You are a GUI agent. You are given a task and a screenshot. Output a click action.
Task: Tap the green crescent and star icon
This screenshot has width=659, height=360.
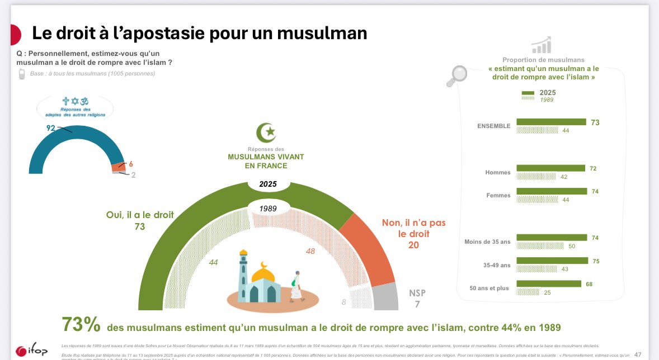point(266,132)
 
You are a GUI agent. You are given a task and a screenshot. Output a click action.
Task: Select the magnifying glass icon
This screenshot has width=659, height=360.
point(456,77)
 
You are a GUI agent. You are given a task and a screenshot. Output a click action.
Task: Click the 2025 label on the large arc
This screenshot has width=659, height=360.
point(268,184)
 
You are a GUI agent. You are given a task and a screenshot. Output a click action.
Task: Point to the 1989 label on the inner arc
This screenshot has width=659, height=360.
point(268,208)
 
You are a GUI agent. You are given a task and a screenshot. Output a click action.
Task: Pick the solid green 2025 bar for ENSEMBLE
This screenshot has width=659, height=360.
point(551,122)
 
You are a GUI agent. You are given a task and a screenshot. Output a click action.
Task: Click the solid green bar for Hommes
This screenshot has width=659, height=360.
point(550,168)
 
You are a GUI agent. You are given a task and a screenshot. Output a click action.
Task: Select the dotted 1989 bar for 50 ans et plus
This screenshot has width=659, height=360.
point(528,292)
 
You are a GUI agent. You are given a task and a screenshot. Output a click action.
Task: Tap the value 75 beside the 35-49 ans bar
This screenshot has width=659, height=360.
point(595,260)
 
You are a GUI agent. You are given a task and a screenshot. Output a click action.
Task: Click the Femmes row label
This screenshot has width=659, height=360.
point(498,196)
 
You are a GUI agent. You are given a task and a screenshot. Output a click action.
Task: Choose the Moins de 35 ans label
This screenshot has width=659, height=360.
point(487,241)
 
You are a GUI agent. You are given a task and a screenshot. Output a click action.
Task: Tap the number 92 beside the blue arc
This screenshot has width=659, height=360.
point(51,128)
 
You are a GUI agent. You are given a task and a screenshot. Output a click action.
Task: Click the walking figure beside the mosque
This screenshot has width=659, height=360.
point(296,286)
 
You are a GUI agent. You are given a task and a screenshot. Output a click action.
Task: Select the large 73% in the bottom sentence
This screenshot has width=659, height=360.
point(81,325)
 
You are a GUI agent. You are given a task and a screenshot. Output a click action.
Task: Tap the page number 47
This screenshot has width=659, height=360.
point(638,354)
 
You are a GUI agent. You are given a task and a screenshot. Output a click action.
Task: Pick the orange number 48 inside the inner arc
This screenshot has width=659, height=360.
point(310,251)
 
